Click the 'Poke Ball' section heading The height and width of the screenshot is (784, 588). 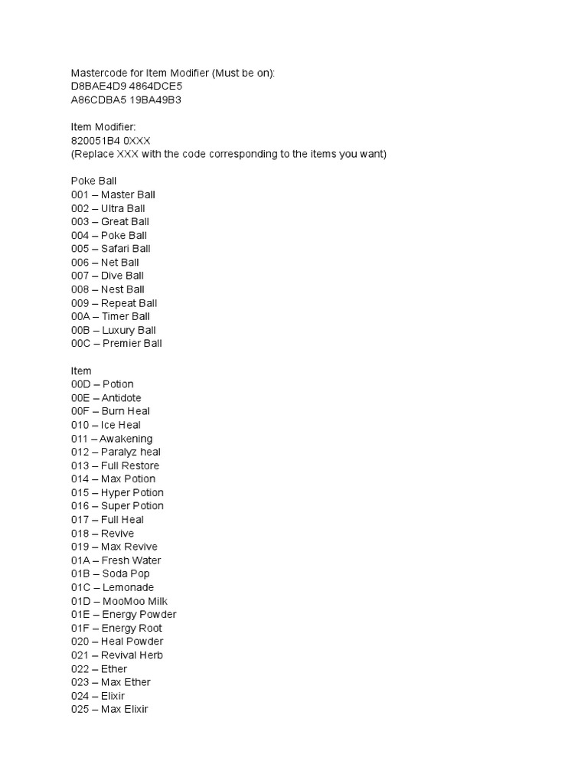pos(93,181)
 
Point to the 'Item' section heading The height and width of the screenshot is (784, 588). pos(81,371)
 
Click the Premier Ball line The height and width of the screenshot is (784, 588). pos(116,344)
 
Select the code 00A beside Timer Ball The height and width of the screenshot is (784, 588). pos(80,316)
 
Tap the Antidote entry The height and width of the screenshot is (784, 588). pos(106,398)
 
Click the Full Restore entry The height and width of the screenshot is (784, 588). pos(115,465)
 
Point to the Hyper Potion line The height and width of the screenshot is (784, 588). pos(117,492)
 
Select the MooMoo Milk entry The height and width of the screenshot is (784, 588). pos(119,601)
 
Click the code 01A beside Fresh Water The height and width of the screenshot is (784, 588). pos(80,560)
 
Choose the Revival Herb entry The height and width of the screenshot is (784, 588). pos(116,655)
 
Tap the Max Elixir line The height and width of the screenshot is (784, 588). pos(109,710)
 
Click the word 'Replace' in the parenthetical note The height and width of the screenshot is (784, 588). pos(95,155)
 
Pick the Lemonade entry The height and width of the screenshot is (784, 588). pos(113,587)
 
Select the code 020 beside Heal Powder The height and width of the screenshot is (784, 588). pos(80,642)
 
